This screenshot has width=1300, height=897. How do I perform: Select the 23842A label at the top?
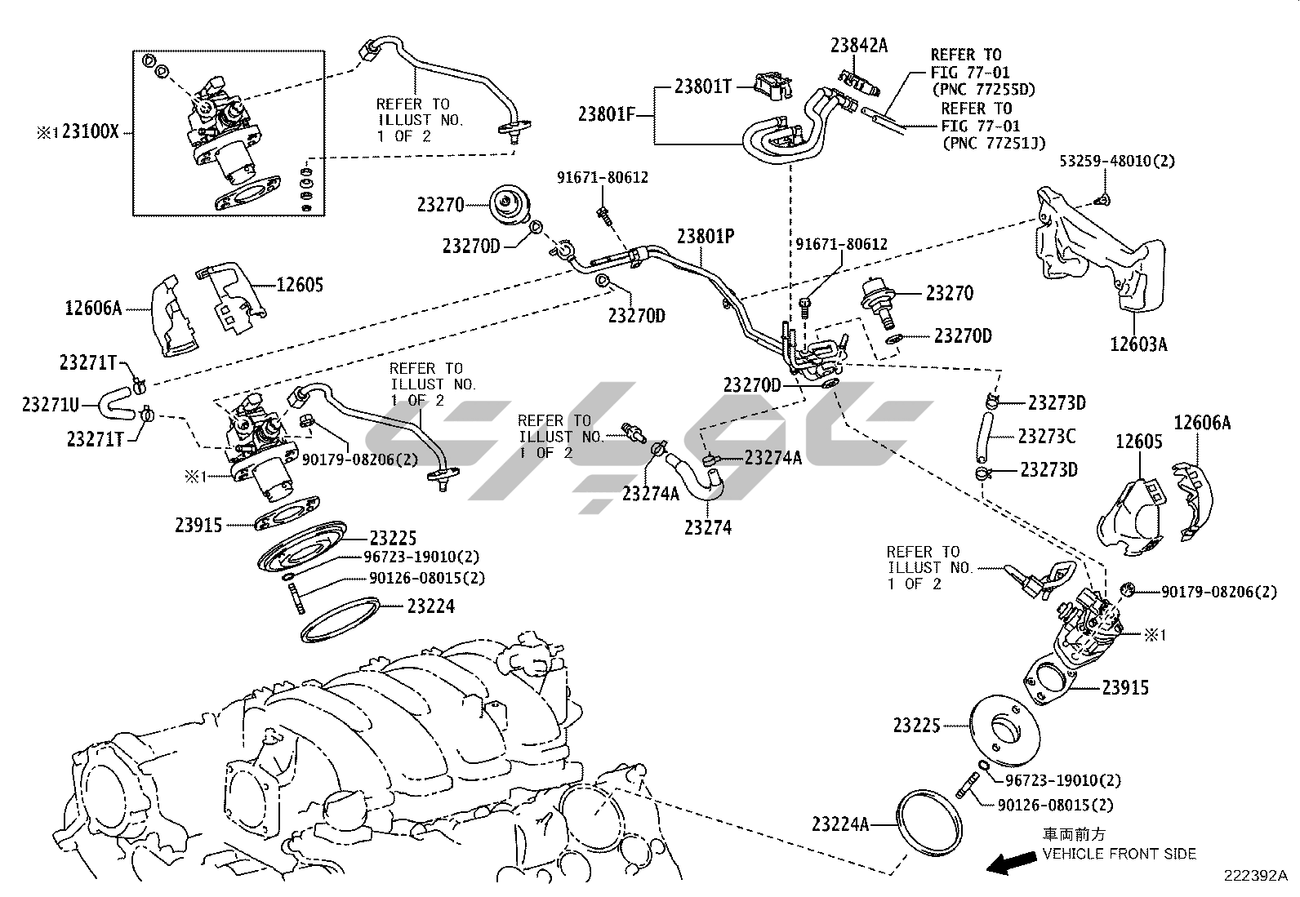point(858,46)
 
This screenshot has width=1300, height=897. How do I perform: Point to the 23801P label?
point(706,237)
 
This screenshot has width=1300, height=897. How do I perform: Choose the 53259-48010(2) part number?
point(1117,161)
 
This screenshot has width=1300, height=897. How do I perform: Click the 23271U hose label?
point(51,403)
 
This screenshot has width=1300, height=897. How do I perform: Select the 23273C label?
point(1046,437)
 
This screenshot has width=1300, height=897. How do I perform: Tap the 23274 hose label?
point(708,528)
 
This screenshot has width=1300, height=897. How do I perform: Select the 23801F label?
point(607,114)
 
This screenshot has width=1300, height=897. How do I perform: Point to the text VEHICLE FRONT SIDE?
point(1119,854)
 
